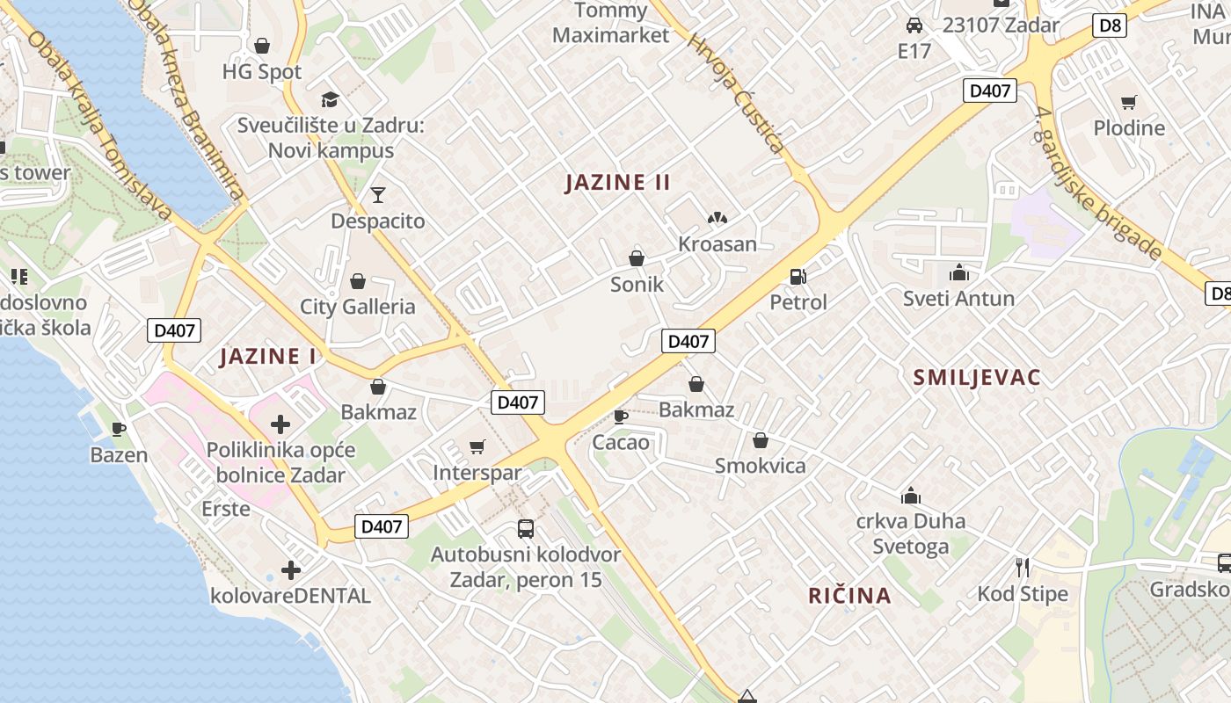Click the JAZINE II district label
[617, 183]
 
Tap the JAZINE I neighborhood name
[267, 357]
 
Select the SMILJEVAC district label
[977, 378]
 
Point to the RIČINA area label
[849, 596]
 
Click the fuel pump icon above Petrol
[798, 277]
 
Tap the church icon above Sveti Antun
[958, 273]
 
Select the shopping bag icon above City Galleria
[358, 281]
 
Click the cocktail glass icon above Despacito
[378, 194]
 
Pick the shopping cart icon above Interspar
[477, 447]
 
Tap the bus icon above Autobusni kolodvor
[526, 528]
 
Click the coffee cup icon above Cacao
[620, 417]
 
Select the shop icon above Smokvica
[761, 440]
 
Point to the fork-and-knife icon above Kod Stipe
[1022, 568]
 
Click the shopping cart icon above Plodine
[1128, 103]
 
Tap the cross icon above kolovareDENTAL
[291, 570]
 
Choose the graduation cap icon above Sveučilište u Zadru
[330, 99]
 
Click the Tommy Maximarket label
[610, 23]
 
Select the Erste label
[226, 509]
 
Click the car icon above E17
[914, 25]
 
